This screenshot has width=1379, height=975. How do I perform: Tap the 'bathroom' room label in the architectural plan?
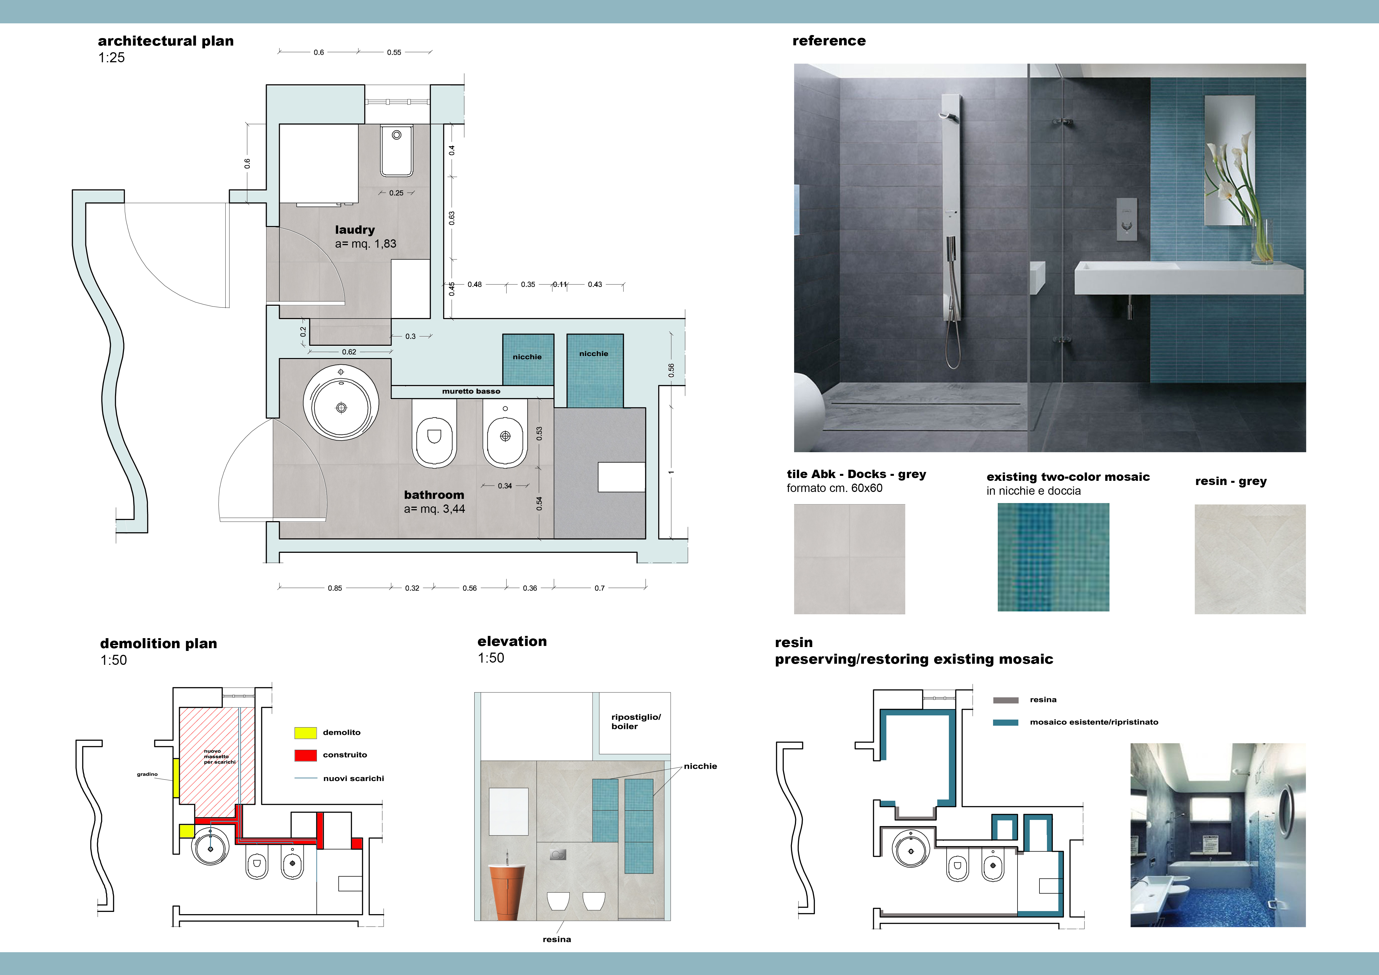(x=434, y=495)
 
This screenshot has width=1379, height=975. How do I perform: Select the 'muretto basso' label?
(x=471, y=391)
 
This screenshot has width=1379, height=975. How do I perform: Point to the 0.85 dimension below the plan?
(x=335, y=588)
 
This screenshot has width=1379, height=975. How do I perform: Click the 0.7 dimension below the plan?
(x=599, y=588)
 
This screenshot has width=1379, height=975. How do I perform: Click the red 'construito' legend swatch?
(x=305, y=755)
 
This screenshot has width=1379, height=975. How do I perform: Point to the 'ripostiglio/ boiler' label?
(x=635, y=722)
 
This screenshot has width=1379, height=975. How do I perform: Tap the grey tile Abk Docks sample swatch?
(x=849, y=559)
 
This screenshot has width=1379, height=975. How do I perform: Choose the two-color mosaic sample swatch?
(x=1053, y=557)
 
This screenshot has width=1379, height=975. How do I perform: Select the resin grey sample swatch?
(x=1250, y=559)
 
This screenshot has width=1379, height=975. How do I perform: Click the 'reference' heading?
(x=829, y=41)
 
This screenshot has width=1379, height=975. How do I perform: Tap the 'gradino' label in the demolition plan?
(x=147, y=774)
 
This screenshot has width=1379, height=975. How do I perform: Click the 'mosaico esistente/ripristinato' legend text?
(x=1094, y=722)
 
